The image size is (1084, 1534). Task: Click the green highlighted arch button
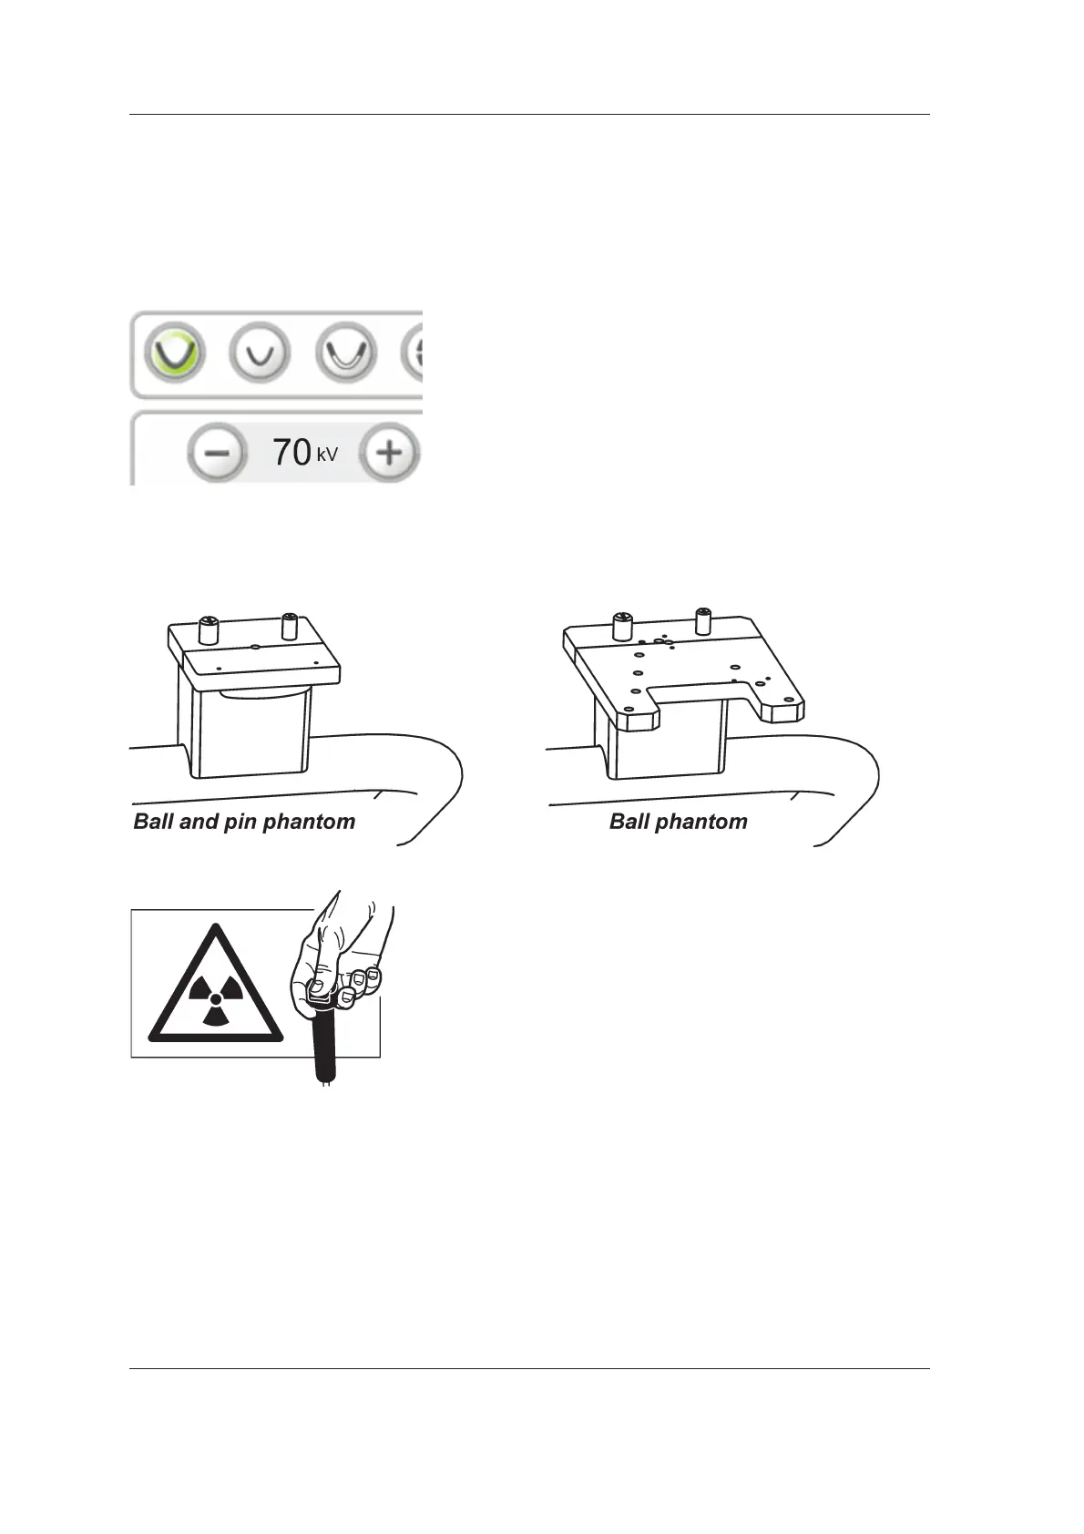point(175,353)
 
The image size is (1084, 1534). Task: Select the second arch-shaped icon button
point(260,353)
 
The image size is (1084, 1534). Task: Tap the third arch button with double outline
point(346,353)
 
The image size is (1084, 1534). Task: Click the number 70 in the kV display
point(291,452)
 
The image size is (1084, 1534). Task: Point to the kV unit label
point(327,453)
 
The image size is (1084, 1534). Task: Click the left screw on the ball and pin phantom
point(209,629)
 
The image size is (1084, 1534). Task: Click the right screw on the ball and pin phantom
point(291,625)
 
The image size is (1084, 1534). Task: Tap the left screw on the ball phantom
point(622,626)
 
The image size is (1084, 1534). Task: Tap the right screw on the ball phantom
point(703,619)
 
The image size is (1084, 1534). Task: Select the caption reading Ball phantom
point(678,822)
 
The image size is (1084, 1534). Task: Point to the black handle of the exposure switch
point(323,1048)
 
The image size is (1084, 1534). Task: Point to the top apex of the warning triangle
point(216,927)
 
